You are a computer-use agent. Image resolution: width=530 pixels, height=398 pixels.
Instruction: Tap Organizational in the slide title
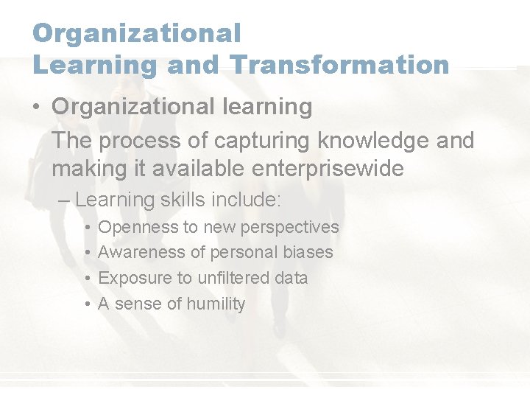137,32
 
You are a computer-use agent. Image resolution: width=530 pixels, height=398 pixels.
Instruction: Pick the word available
198,169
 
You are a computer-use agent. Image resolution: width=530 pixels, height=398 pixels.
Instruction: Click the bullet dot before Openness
87,227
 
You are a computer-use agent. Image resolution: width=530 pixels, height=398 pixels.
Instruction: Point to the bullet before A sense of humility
87,304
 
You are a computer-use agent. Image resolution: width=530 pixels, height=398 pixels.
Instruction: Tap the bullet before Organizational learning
36,107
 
